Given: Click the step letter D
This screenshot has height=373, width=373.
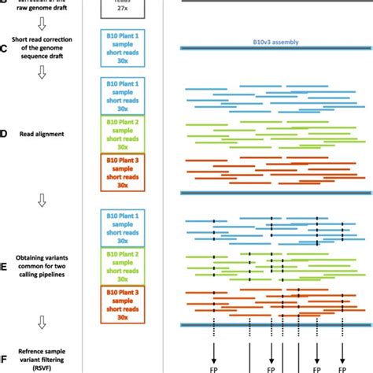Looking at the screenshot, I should [4, 134].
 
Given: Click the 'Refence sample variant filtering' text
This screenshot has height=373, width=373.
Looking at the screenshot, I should [44, 359].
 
